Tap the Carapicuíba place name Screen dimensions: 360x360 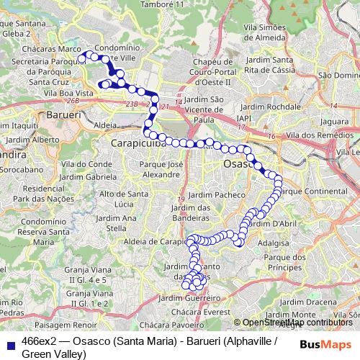[x=138, y=144]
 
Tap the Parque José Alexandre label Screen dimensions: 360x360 [x=160, y=169]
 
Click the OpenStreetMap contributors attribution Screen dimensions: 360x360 [x=293, y=323]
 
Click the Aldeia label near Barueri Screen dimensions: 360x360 [x=104, y=125]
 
